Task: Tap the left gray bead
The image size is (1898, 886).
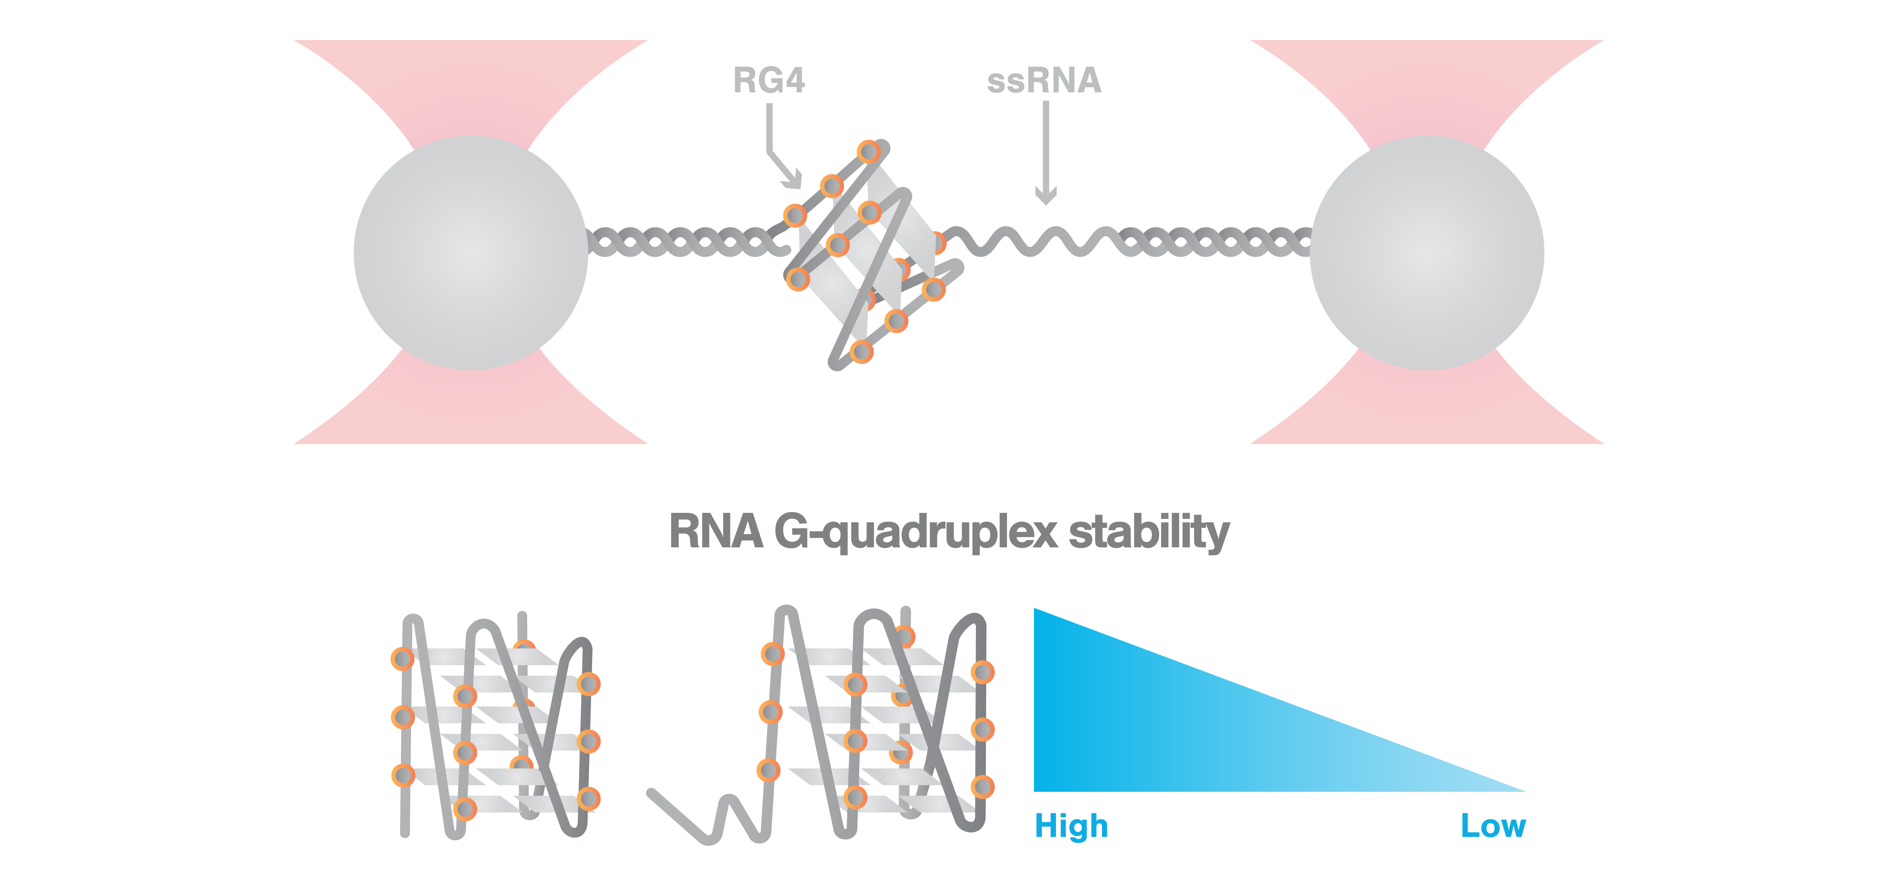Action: [471, 253]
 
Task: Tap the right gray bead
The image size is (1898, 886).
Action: [1426, 253]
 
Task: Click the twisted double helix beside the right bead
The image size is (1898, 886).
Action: [1216, 242]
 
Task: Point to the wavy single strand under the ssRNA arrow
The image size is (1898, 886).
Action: [1032, 242]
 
